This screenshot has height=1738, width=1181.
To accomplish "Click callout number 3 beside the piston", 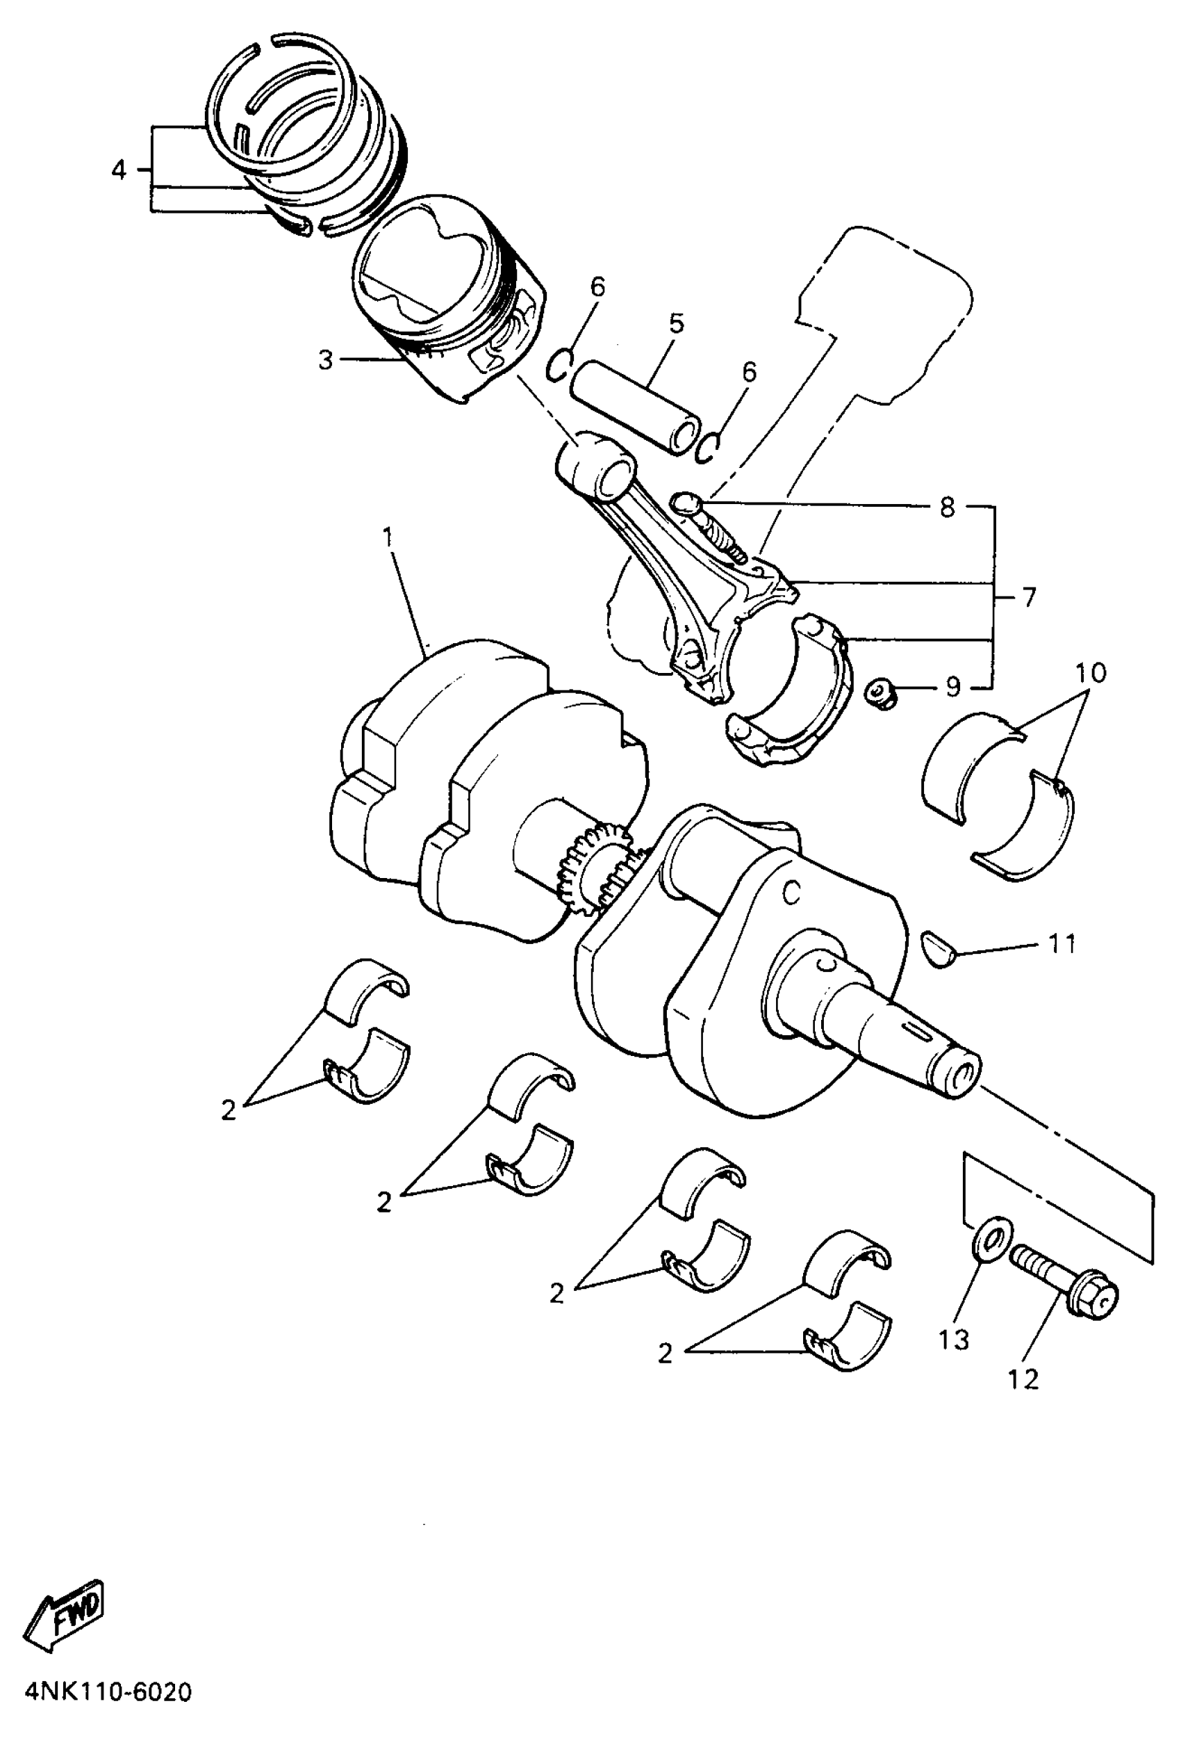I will (x=325, y=361).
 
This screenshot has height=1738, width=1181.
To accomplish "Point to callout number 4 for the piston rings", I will (x=119, y=170).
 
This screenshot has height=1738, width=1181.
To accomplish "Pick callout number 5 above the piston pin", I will (x=676, y=324).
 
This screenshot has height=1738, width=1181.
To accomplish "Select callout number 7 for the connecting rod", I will (x=1030, y=598).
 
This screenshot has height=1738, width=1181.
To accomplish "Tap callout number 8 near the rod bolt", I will (x=947, y=507).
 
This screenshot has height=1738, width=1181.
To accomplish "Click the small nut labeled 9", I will (x=882, y=695).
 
